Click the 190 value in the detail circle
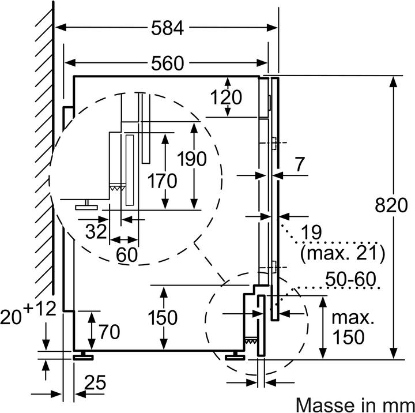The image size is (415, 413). click(191, 158)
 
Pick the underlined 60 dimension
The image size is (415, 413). click(127, 254)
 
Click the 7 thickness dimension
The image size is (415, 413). click(300, 164)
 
